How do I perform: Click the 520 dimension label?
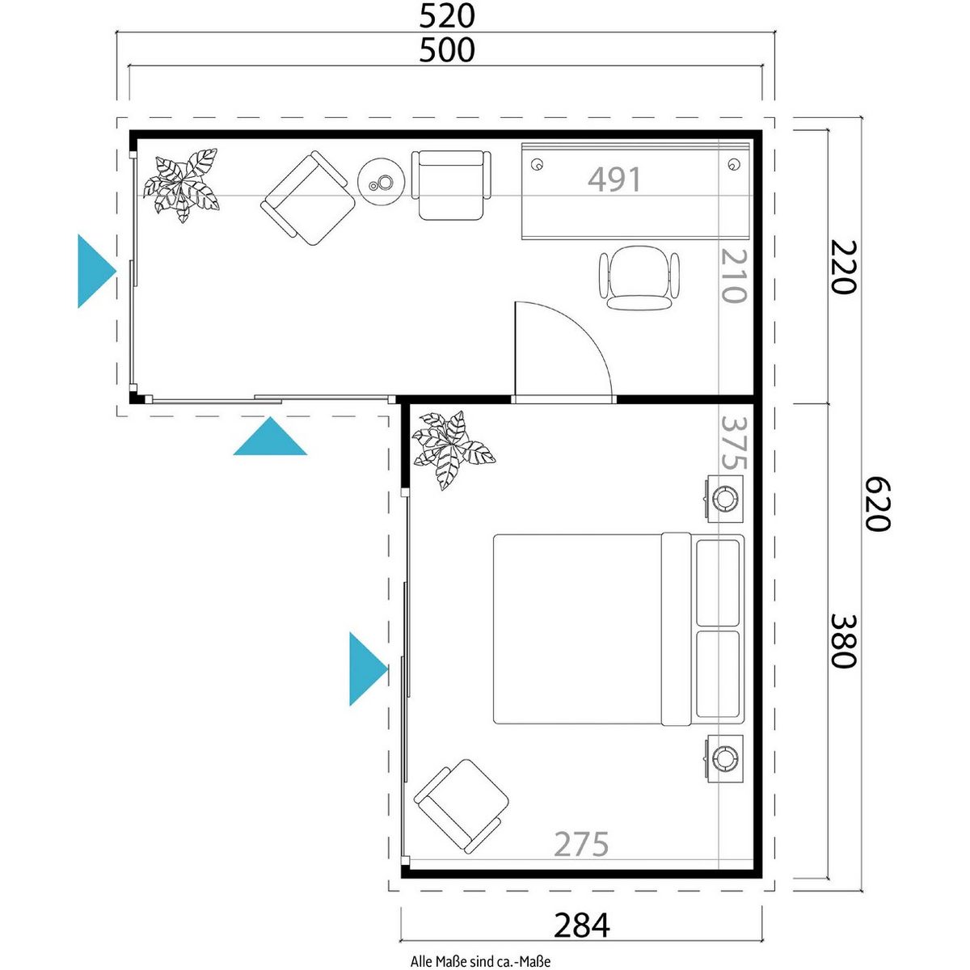point(446,17)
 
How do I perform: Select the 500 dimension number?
point(446,50)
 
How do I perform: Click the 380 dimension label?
point(842,640)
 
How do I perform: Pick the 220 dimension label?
point(842,267)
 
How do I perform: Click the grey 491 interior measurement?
point(614,179)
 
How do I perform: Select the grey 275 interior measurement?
point(581,844)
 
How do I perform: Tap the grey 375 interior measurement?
point(734,441)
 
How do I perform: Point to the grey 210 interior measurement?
point(733,276)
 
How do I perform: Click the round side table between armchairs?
point(382,181)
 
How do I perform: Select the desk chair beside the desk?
point(639,277)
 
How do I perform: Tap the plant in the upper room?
point(182,185)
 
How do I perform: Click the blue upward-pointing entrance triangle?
point(270,436)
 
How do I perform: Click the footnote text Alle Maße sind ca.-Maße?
point(480,961)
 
